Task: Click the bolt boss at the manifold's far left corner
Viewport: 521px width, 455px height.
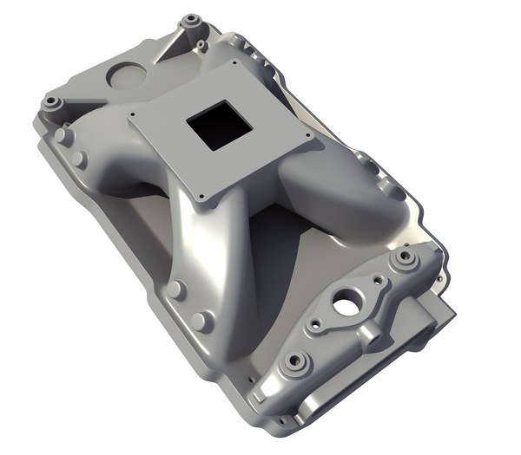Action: (51, 102)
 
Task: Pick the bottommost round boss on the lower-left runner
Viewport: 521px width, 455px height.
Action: (201, 322)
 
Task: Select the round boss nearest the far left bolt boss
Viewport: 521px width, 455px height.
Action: (61, 135)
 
